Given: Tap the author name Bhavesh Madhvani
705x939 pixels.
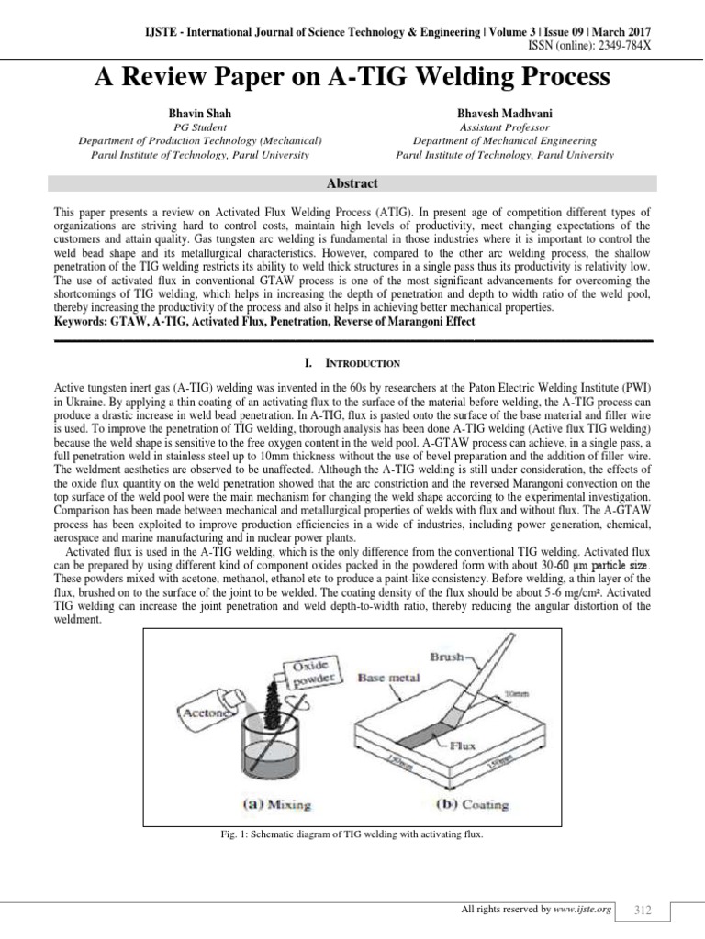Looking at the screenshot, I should (x=504, y=113).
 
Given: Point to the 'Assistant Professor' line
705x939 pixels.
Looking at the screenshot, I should (x=504, y=128).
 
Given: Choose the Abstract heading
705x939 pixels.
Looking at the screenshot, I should (x=352, y=183).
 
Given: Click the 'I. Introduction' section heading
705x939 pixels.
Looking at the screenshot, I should (x=352, y=363).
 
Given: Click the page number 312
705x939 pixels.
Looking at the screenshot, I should (x=643, y=910).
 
